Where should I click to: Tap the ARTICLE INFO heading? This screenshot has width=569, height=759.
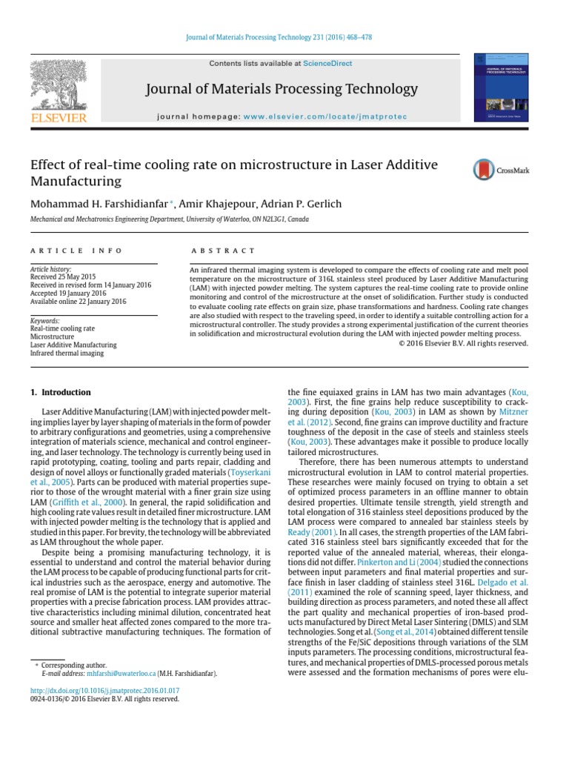[x=76, y=251]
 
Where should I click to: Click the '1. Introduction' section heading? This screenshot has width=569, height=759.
[x=61, y=392]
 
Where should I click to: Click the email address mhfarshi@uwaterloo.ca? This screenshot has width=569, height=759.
[x=121, y=674]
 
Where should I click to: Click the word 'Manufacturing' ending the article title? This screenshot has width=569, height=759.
[x=75, y=180]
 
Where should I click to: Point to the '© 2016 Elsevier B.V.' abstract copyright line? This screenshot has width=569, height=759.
[x=464, y=343]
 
